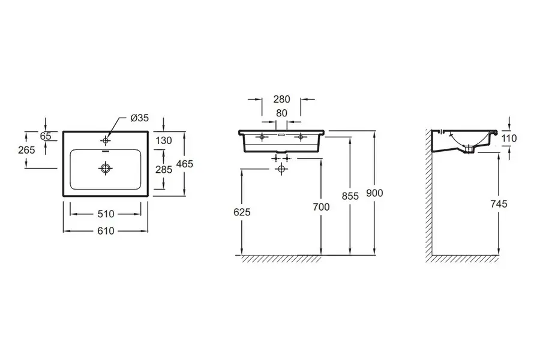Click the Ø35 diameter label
point(140,118)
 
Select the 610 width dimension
point(106,230)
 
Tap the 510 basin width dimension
point(106,214)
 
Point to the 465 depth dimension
point(185,163)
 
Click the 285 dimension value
point(164,170)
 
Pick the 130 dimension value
point(164,140)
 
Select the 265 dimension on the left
point(26,150)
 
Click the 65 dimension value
point(46,136)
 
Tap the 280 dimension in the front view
point(281,100)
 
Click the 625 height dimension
point(242,212)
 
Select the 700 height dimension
point(322,207)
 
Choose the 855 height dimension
point(350,196)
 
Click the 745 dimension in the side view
point(499,204)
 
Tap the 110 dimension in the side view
point(509,139)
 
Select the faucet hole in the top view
point(106,140)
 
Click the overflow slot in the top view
point(106,152)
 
